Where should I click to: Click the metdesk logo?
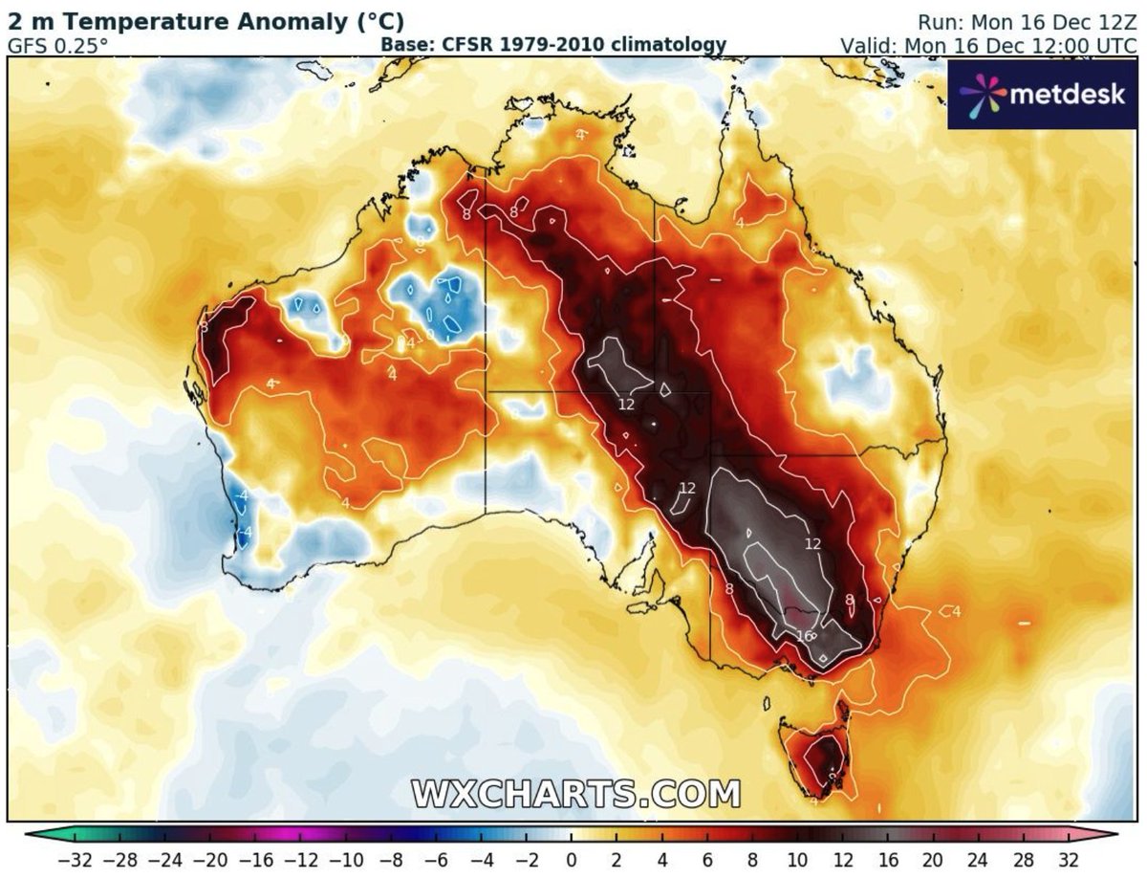coord(1044,94)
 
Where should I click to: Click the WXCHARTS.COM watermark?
coord(576,793)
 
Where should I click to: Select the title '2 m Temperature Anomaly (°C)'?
coord(206,21)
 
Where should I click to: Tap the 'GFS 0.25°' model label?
coord(58,45)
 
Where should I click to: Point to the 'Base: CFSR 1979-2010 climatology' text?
coord(553,45)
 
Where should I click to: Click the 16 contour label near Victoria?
coord(803,636)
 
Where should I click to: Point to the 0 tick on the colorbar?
coord(571,857)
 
